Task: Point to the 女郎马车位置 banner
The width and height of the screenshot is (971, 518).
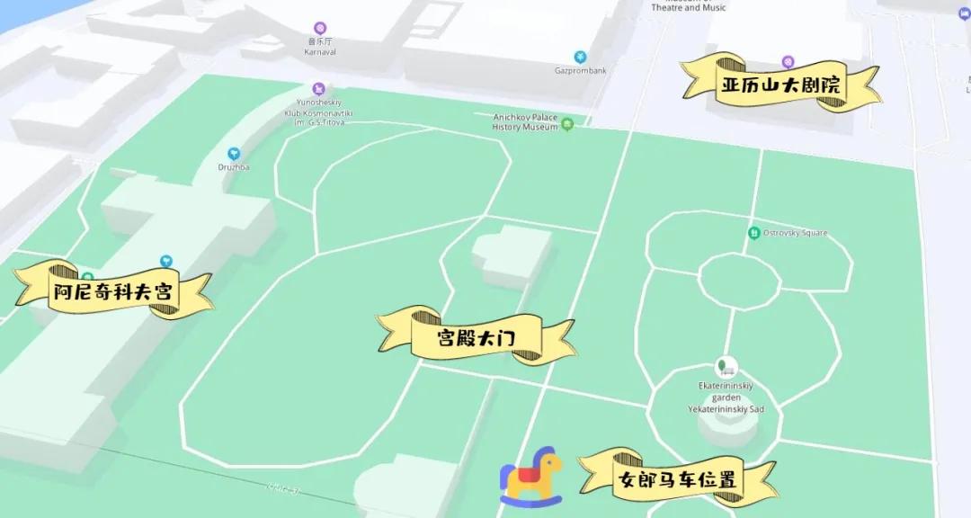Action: click(x=677, y=479)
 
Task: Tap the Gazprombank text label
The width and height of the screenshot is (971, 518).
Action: click(x=580, y=70)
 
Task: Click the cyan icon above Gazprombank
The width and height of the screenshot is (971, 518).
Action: click(x=581, y=57)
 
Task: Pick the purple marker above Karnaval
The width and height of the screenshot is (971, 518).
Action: click(x=319, y=28)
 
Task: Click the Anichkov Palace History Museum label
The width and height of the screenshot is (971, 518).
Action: click(x=525, y=122)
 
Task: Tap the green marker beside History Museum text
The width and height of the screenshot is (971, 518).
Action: click(x=566, y=126)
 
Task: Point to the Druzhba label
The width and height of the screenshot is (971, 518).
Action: click(x=234, y=167)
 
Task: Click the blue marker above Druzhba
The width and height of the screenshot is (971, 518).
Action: click(x=234, y=154)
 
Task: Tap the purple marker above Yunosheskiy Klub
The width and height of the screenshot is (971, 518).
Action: click(x=318, y=89)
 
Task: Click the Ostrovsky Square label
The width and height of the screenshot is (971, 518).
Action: click(x=795, y=234)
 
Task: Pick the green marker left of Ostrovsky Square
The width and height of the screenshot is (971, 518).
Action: click(x=753, y=234)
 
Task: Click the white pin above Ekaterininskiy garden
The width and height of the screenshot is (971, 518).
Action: click(x=726, y=367)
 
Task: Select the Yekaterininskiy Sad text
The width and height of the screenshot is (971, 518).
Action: click(x=726, y=409)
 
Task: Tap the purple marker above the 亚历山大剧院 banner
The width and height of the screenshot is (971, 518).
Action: click(x=788, y=61)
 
